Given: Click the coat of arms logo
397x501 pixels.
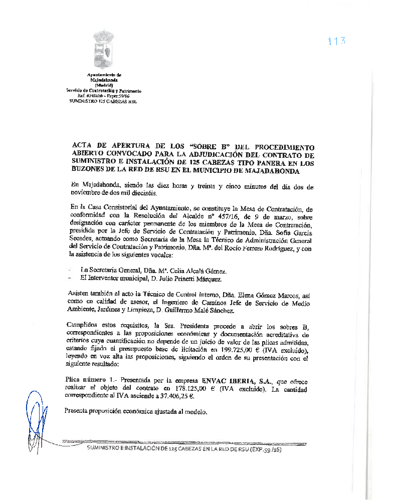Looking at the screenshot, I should pyautogui.click(x=104, y=50).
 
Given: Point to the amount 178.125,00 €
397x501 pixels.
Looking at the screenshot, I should pyautogui.click(x=182, y=388).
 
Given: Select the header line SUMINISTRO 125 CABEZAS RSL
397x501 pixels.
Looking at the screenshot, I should pyautogui.click(x=102, y=101).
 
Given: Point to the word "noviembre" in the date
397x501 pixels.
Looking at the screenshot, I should pyautogui.click(x=88, y=193).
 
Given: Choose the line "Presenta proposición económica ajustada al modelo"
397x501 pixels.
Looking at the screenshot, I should pyautogui.click(x=136, y=411).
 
